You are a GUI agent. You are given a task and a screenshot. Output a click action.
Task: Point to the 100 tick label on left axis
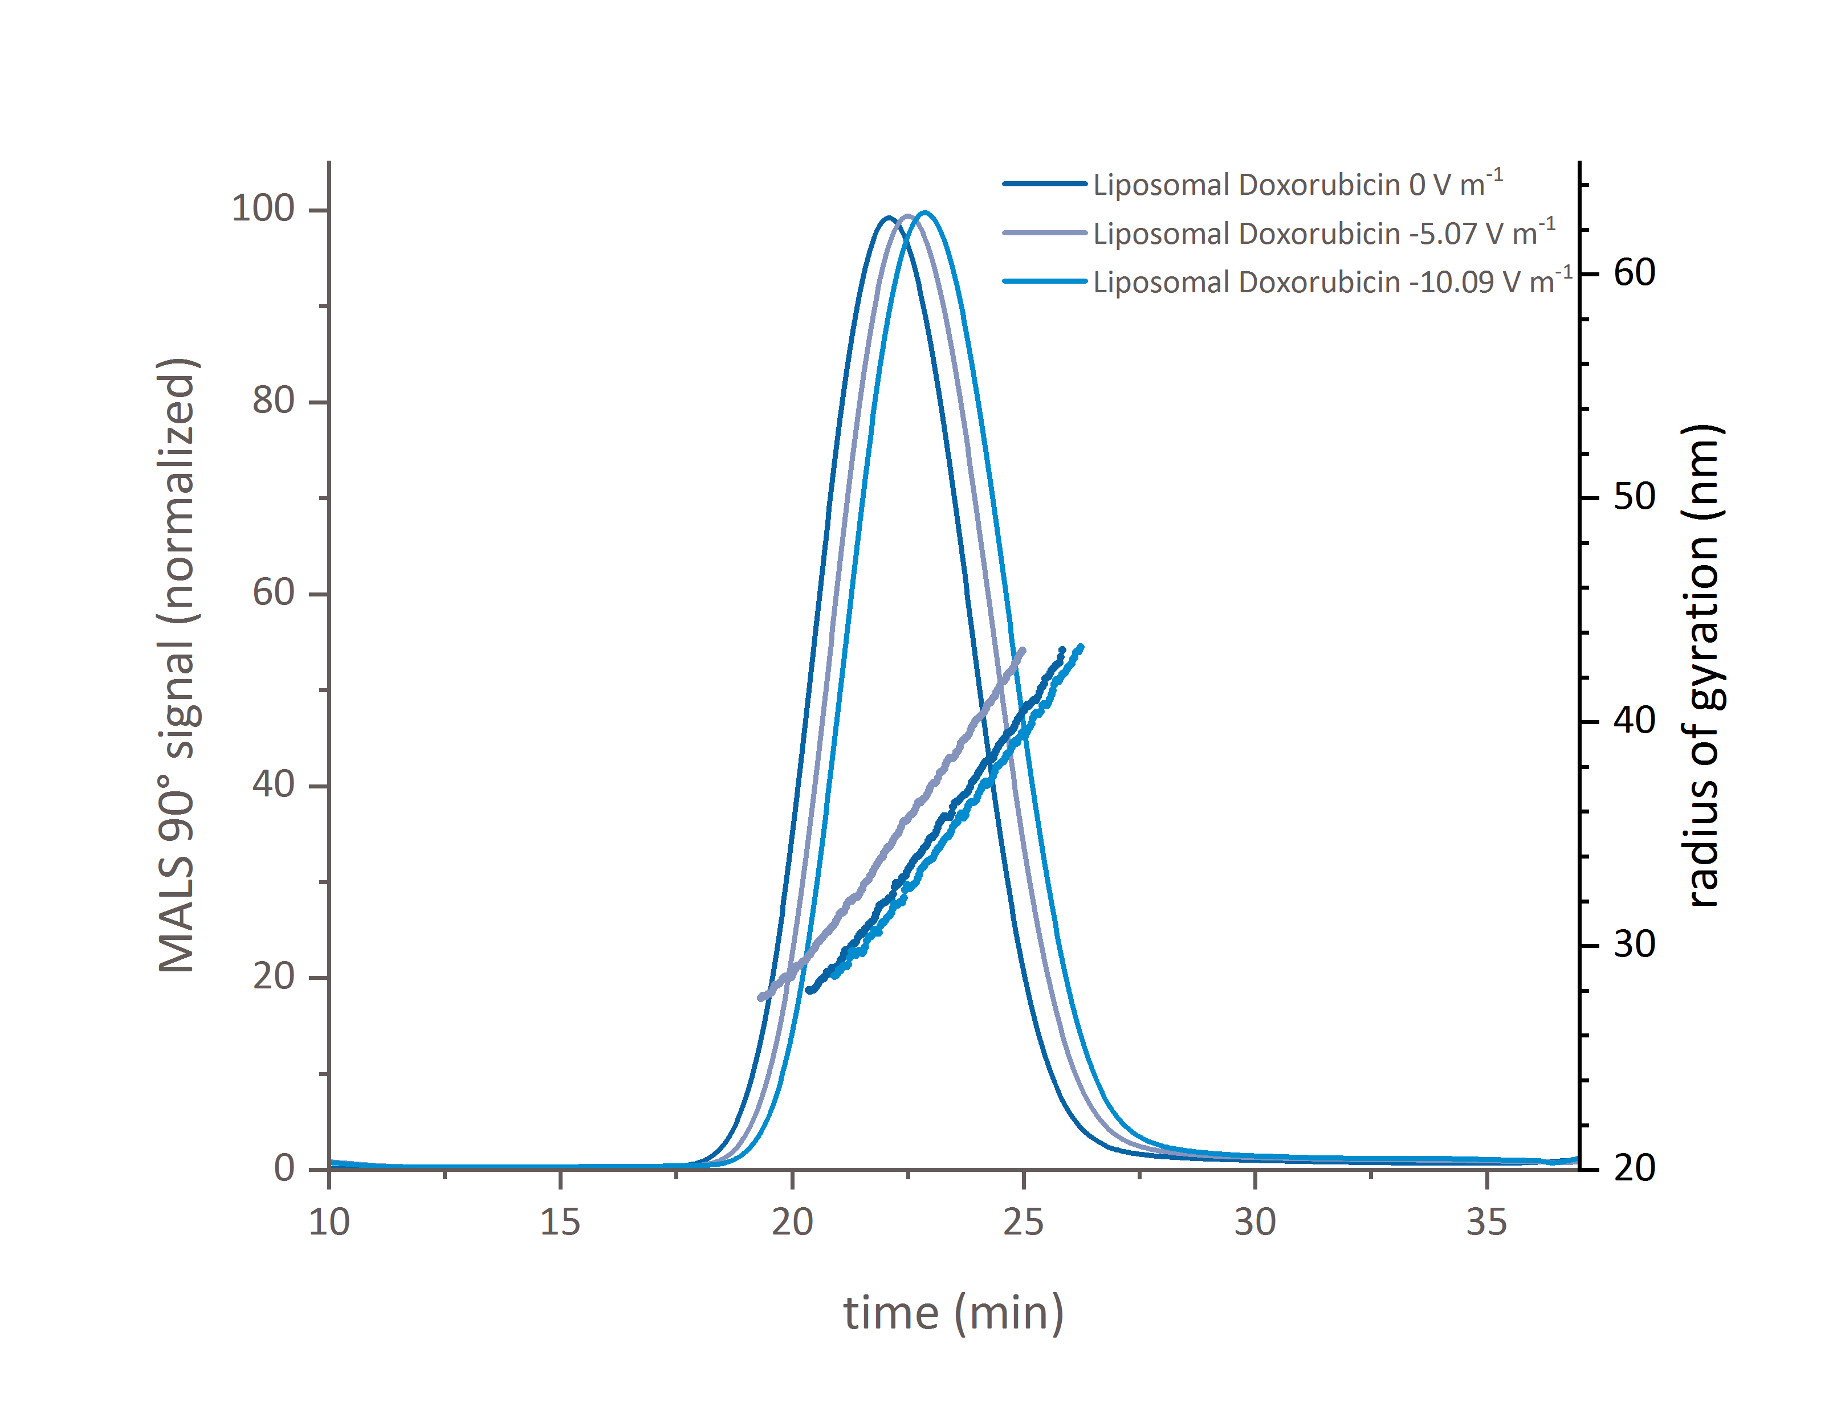263,209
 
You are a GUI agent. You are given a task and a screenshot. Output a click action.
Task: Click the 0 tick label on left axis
284,1168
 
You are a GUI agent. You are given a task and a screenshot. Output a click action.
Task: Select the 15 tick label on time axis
560,1223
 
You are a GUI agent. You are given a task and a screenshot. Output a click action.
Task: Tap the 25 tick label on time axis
1023,1223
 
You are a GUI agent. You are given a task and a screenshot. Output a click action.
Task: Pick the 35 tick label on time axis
1486,1223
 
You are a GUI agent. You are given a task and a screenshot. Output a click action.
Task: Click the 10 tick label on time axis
329,1223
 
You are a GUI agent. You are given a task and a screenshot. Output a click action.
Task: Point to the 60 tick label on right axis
1634,273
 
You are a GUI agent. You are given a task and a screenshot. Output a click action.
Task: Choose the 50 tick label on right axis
1634,497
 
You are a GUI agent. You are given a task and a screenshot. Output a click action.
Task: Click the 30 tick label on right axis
1634,945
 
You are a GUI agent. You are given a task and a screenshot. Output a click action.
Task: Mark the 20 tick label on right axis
1634,1168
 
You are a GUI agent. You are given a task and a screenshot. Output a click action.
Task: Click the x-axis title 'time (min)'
953,1313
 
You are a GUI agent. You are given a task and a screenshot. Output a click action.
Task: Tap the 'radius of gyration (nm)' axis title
1703,665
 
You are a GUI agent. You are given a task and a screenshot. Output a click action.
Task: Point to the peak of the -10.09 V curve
924,213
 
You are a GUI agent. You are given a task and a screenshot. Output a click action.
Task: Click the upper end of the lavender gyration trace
1023,650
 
